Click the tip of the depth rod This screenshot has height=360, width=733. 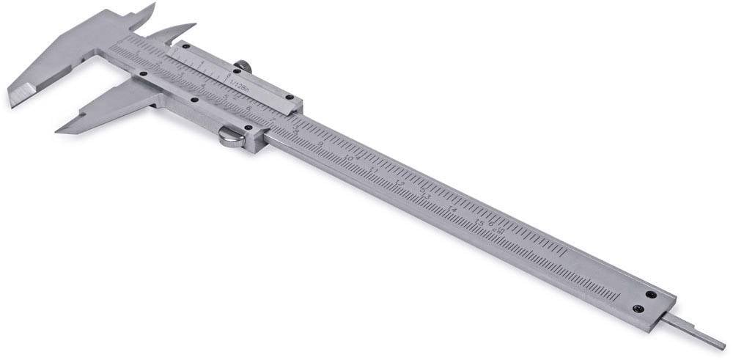tap(723, 346)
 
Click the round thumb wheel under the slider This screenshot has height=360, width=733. tap(232, 136)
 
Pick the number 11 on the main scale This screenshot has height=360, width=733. tap(375, 170)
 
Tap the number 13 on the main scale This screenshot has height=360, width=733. tap(425, 196)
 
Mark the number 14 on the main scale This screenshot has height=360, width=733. tap(452, 210)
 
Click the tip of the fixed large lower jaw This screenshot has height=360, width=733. tap(12, 103)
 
